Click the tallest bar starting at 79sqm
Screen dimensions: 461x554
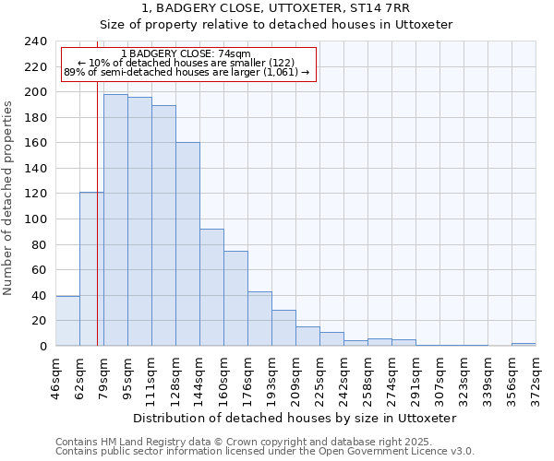115,220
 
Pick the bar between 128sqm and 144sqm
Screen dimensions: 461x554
187,244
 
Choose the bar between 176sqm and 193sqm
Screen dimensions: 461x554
259,319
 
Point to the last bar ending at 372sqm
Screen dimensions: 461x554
524,345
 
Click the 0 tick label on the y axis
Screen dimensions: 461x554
43,347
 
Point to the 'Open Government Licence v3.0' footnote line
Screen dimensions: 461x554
265,452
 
